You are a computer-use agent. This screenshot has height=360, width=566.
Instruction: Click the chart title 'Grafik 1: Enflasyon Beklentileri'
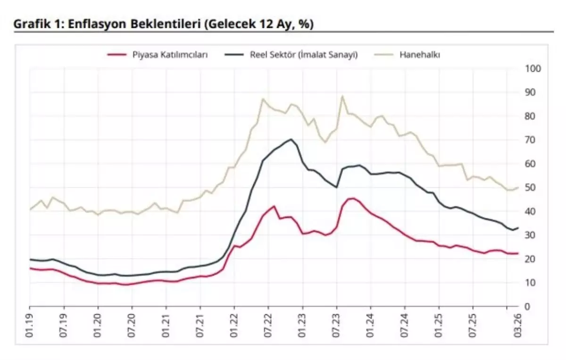coord(163,25)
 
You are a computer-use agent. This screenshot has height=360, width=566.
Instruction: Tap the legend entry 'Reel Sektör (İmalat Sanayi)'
coord(303,55)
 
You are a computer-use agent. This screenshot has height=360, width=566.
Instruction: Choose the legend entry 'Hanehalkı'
coord(420,55)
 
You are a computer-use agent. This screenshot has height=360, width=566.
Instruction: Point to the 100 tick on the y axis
coord(533,69)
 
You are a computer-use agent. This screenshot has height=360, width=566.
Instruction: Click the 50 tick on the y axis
coord(531,188)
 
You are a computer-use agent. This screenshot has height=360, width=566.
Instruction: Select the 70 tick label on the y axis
coord(531,140)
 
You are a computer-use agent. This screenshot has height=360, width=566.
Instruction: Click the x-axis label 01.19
coord(30,326)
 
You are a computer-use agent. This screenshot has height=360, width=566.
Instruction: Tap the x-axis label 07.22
coord(268,326)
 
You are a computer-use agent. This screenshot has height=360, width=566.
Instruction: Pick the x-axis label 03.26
coord(518,326)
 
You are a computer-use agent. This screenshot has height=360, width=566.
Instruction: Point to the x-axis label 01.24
coord(370,326)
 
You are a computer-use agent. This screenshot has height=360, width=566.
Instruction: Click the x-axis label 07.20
coord(132,326)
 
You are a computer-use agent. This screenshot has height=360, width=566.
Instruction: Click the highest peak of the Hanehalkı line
coord(342,96)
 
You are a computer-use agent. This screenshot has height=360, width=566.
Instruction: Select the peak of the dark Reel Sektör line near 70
coord(291,139)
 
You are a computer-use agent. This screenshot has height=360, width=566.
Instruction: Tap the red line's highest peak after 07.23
coord(352,198)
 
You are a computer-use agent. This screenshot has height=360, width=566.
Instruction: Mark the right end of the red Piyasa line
coord(518,253)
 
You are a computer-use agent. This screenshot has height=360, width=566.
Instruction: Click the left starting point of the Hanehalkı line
coord(30,209)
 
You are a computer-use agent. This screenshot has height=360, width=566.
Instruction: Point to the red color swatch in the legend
coord(117,55)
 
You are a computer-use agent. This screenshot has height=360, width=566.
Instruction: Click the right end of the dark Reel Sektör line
coord(518,228)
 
